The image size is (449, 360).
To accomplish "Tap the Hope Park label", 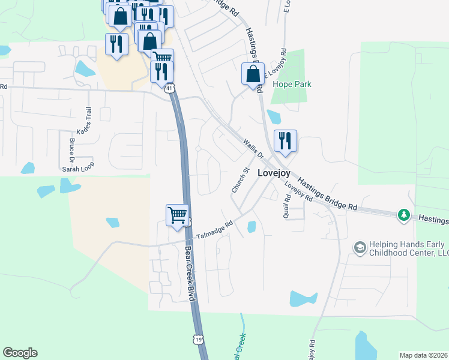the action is click(x=292, y=85).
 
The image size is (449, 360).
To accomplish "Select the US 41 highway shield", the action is click(x=171, y=89).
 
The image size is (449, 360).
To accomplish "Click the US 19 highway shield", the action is click(x=199, y=340).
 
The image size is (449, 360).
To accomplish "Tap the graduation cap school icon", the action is click(x=360, y=248).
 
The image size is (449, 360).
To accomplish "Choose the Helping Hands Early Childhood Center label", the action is click(x=408, y=248).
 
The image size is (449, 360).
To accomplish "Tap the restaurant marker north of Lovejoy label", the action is click(x=285, y=141).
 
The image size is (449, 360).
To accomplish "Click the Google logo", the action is click(x=20, y=353).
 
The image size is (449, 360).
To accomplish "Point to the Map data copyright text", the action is click(x=424, y=355).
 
